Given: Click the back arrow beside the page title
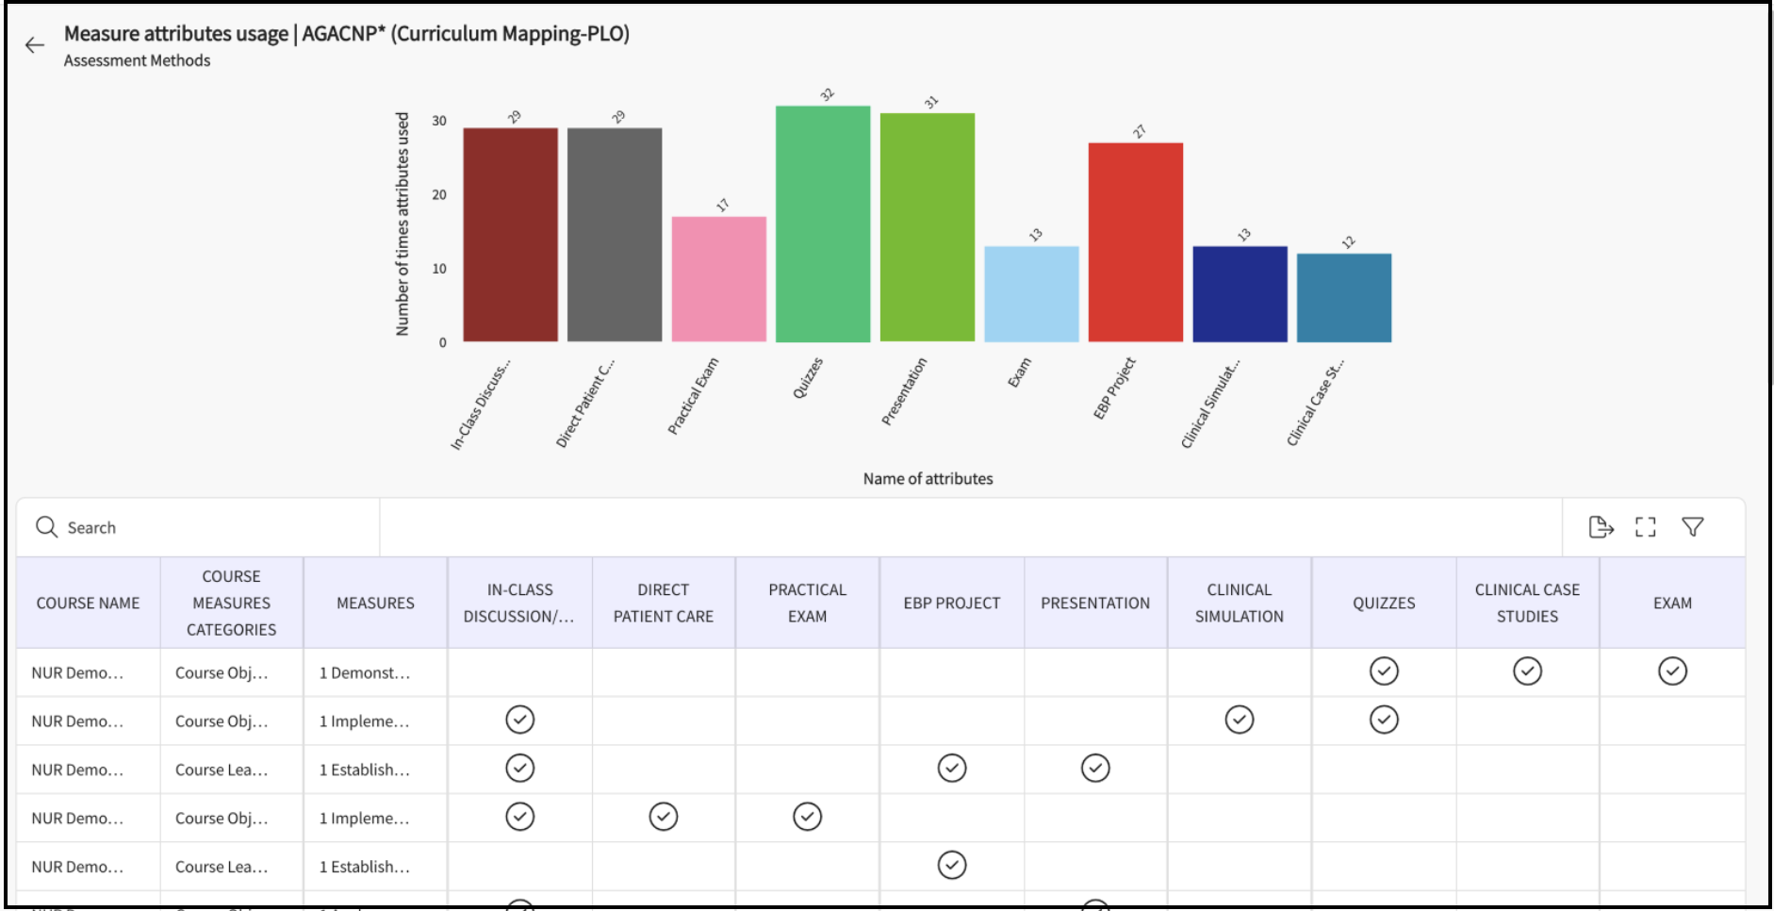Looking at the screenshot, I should pos(35,45).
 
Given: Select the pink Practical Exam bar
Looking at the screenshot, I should pos(718,279).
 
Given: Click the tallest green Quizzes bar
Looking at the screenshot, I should pos(822,224).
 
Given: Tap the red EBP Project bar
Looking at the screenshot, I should pos(1135,242).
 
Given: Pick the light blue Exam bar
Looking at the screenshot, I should pos(1031,294).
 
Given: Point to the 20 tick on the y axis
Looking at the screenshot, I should pos(439,195).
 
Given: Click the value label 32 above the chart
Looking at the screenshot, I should pos(828,94).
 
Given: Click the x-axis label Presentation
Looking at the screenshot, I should pos(905,391).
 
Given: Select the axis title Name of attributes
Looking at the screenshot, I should pos(928,479).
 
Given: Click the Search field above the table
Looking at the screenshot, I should pos(198,528).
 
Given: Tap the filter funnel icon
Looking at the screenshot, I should pos(1693,527).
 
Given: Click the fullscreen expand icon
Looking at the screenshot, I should pos(1646,527).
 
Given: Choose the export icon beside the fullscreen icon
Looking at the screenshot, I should pos(1601,527).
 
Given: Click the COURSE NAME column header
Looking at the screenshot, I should pos(88,604).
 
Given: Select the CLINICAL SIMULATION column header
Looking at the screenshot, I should pos(1239,604).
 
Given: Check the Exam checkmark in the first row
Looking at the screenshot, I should pos(1672,671).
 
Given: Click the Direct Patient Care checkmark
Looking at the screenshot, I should pos(664,817).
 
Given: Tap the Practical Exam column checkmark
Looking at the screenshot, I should pos(807,817).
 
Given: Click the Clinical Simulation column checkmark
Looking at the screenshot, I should pos(1239,721).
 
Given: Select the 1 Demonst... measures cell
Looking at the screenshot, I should pos(365,673).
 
